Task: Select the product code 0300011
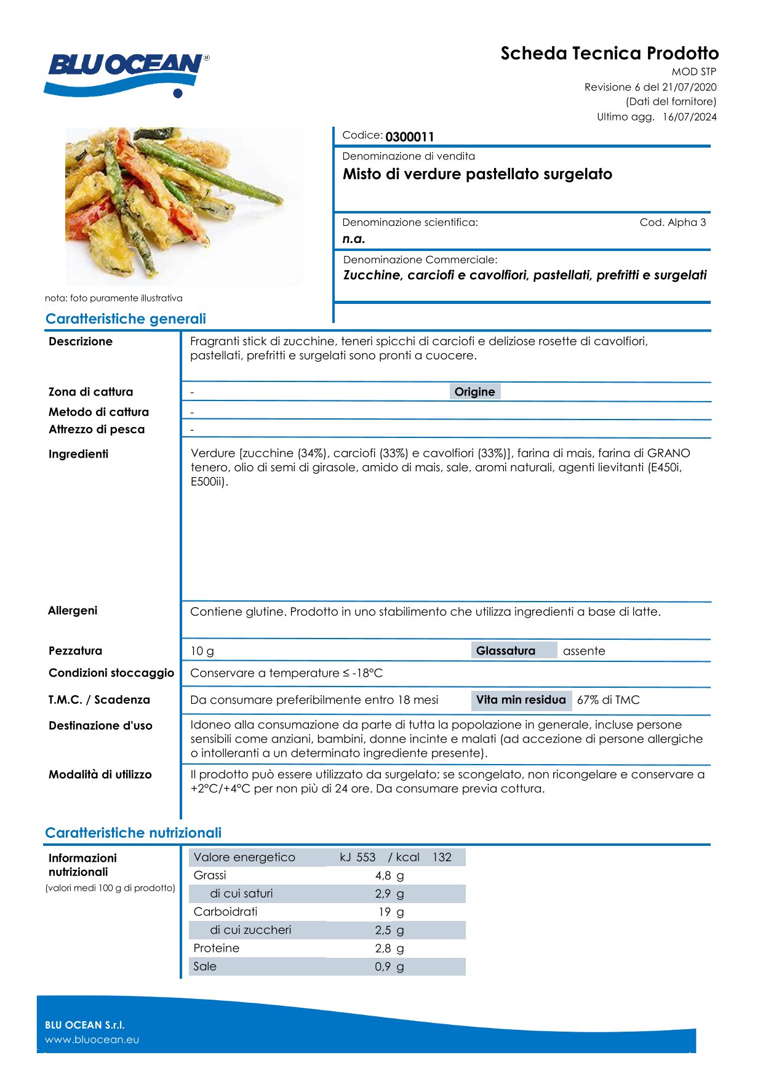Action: pyautogui.click(x=410, y=137)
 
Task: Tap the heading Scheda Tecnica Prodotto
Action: pyautogui.click(x=609, y=54)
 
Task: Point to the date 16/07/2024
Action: pyautogui.click(x=689, y=117)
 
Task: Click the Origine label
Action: pyautogui.click(x=474, y=392)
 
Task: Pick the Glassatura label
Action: pyautogui.click(x=506, y=651)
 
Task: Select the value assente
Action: pyautogui.click(x=584, y=651)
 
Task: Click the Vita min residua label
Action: pyautogui.click(x=521, y=700)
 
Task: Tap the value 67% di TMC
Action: pyautogui.click(x=608, y=700)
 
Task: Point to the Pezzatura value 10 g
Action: pyautogui.click(x=202, y=651)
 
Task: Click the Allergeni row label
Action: pyautogui.click(x=73, y=610)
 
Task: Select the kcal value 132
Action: pyautogui.click(x=442, y=858)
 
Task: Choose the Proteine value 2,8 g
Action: pyautogui.click(x=389, y=949)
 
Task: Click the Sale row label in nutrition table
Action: pyautogui.click(x=205, y=966)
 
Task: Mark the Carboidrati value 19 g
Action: pyautogui.click(x=391, y=912)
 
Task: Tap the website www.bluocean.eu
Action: pyautogui.click(x=92, y=1040)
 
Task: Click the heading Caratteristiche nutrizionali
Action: pyautogui.click(x=133, y=833)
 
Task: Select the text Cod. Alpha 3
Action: pyautogui.click(x=673, y=223)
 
